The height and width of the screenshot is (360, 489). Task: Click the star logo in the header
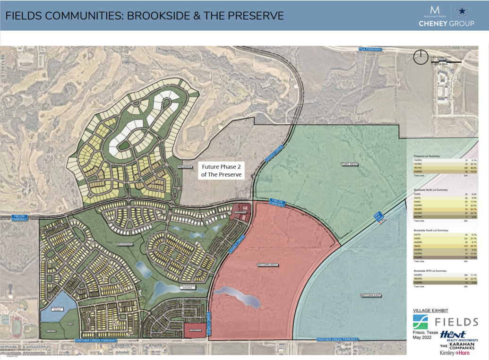click(461, 10)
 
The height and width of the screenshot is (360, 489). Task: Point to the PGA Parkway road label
click(369, 49)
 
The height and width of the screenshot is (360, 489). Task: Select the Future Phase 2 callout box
click(222, 171)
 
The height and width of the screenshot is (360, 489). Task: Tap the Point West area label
click(349, 164)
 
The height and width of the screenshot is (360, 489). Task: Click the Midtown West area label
click(267, 265)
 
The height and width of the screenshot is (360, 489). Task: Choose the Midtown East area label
click(371, 295)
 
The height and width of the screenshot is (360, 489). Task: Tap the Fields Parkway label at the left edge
click(20, 217)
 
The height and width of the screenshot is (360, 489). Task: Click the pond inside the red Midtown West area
click(239, 297)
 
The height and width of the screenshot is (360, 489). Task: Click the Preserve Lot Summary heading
click(426, 156)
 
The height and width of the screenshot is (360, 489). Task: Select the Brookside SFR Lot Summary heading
click(430, 271)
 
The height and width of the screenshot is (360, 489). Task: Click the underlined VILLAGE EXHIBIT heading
click(430, 310)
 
